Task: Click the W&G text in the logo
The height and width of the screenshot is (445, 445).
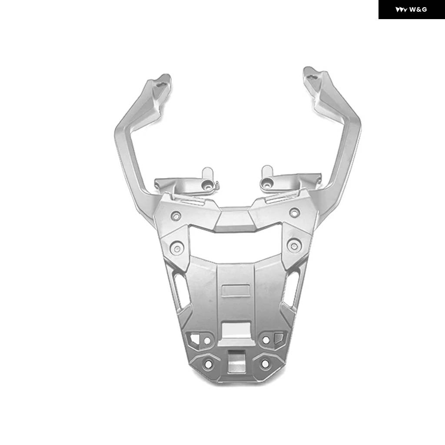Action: pyautogui.click(x=418, y=10)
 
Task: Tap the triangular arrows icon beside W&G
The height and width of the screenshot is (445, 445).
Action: pyautogui.click(x=401, y=10)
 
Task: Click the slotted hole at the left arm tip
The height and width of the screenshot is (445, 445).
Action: pyautogui.click(x=160, y=84)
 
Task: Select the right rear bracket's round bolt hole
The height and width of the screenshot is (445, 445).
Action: pyautogui.click(x=267, y=185)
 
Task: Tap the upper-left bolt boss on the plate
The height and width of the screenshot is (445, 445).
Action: pyautogui.click(x=176, y=216)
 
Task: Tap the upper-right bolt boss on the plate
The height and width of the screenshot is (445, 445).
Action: pyautogui.click(x=294, y=212)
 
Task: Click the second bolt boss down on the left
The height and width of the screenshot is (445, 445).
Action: pyautogui.click(x=177, y=248)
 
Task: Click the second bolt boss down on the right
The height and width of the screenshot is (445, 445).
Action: pyautogui.click(x=294, y=246)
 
